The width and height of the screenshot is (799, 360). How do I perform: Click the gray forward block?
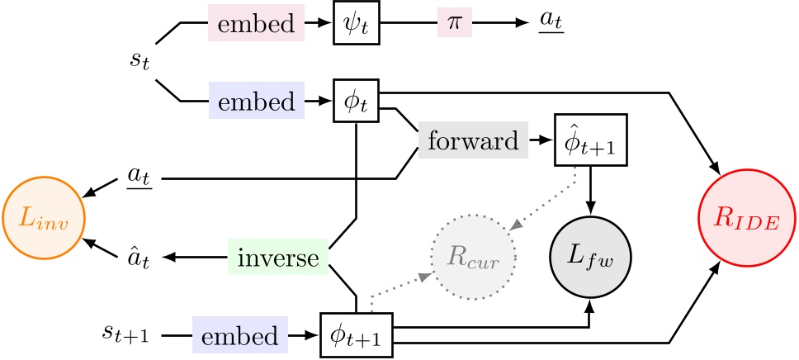click(472, 142)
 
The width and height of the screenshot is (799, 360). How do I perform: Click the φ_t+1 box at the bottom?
click(356, 335)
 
